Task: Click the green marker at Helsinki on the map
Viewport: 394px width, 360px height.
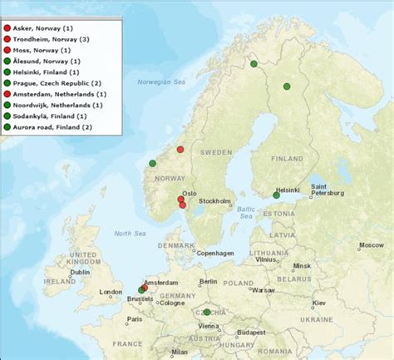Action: [x=276, y=195]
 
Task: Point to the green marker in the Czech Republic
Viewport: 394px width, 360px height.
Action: [x=206, y=312]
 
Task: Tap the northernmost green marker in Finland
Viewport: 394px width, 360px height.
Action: [x=254, y=63]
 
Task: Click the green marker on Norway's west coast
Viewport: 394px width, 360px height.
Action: [x=152, y=163]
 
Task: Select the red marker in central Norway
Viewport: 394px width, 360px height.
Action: [x=180, y=150]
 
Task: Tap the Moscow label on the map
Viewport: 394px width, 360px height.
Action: [x=370, y=246]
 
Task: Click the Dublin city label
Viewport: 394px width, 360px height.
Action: [x=81, y=273]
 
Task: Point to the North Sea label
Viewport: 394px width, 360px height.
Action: [x=130, y=234]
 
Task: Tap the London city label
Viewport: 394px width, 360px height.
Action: [x=110, y=292]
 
